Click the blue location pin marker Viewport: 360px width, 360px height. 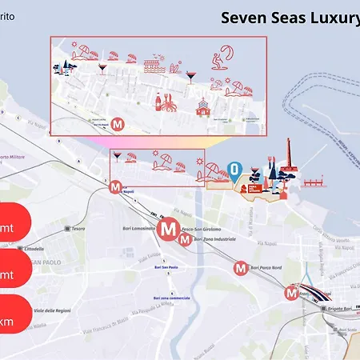(x=234, y=169)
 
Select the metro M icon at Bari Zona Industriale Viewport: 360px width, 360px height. (x=184, y=238)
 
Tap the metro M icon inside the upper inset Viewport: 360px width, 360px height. (x=118, y=124)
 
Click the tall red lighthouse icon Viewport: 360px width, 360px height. (x=289, y=157)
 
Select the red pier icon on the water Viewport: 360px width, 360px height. (x=316, y=182)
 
